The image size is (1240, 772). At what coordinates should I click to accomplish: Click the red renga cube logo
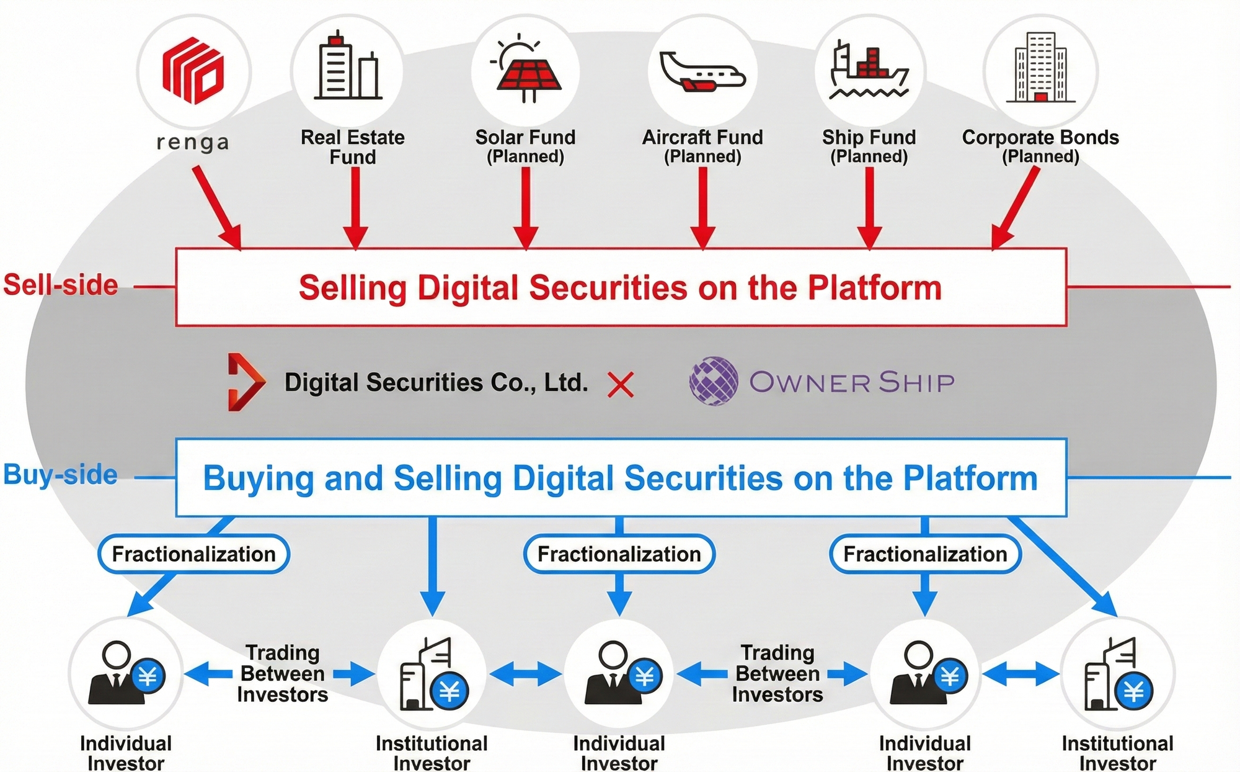[193, 71]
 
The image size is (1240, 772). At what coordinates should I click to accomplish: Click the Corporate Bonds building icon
[1040, 68]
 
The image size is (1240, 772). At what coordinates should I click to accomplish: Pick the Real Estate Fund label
[352, 146]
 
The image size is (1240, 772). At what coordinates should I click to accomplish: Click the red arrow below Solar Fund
[526, 208]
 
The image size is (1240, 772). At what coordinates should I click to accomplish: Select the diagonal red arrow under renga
[216, 208]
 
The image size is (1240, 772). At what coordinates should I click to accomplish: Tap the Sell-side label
[61, 285]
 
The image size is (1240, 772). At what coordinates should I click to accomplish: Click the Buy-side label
[61, 475]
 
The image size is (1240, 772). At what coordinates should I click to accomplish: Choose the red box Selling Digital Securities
[620, 287]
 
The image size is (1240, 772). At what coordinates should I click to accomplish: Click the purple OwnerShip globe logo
[714, 381]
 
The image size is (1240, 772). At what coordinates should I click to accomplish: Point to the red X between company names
[620, 385]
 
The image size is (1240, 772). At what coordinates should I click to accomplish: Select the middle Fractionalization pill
[619, 554]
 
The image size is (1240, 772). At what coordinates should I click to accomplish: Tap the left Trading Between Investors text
[282, 673]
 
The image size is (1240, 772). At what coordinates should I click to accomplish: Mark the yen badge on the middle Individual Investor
[645, 676]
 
